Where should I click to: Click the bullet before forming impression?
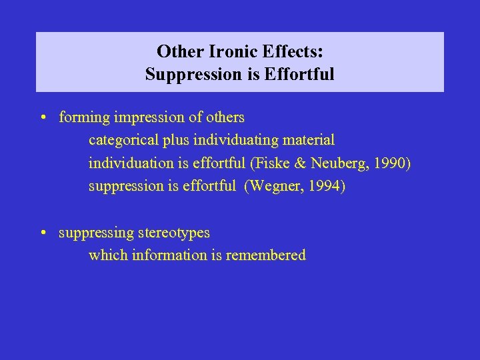[x=42, y=118]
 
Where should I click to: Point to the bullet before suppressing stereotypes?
[x=42, y=233]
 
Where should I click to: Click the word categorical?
[x=122, y=141]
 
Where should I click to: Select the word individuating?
[x=226, y=141]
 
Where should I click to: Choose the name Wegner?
[x=273, y=187]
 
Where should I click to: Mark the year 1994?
[x=325, y=187]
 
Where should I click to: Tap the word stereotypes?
[x=174, y=233]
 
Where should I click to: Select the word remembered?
[x=266, y=255]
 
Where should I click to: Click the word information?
[x=170, y=255]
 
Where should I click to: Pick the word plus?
[x=173, y=141]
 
